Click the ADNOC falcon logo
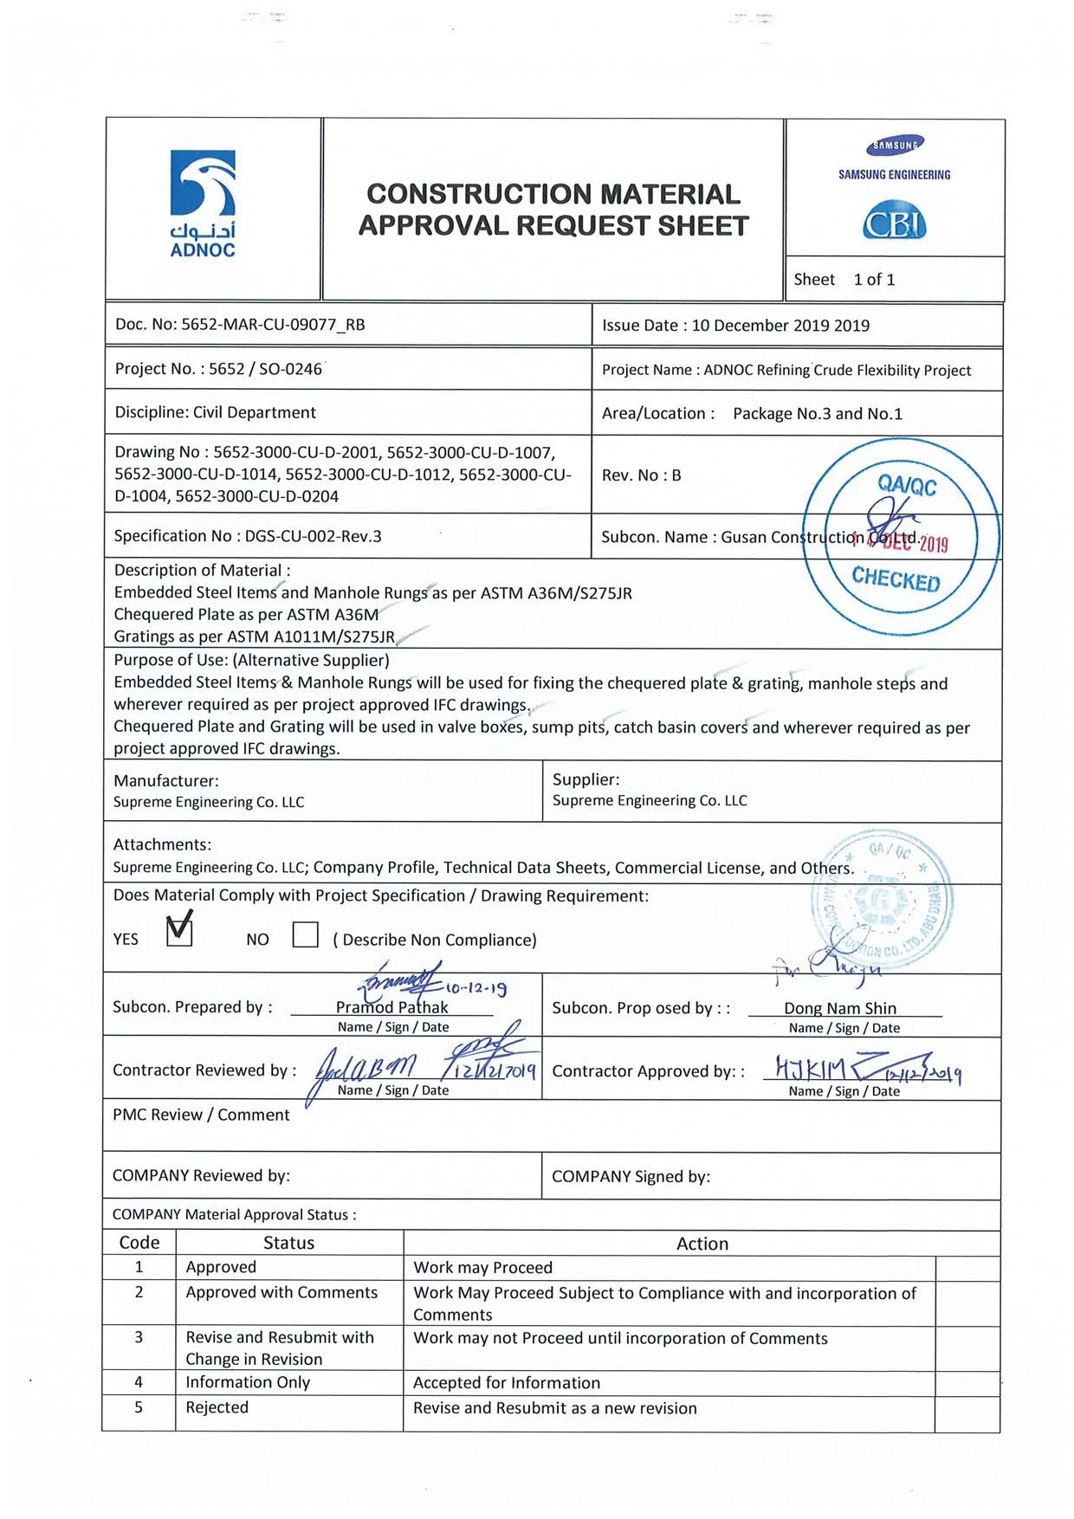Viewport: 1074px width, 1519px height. (203, 184)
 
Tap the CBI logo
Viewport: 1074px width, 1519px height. (894, 223)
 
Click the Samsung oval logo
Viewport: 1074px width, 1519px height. (895, 145)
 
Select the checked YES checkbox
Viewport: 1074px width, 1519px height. (179, 932)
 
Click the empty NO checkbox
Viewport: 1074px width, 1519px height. (305, 934)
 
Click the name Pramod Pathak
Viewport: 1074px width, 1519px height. (391, 1007)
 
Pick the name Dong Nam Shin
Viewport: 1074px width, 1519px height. (840, 1008)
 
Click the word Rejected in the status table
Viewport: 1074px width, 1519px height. (217, 1407)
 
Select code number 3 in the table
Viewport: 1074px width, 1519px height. (139, 1337)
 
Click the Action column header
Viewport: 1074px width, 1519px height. (702, 1244)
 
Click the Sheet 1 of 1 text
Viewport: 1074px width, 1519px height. (844, 280)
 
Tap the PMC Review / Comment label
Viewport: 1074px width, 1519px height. (201, 1115)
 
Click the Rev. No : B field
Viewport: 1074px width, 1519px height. (641, 475)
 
